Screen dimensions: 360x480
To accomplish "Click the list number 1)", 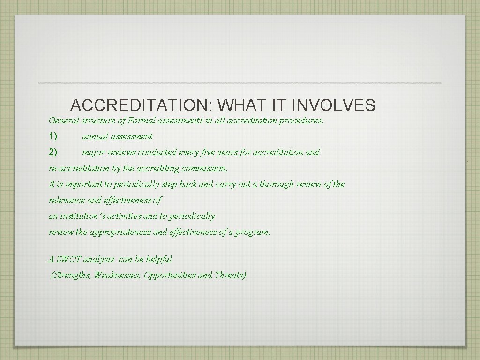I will coord(53,136).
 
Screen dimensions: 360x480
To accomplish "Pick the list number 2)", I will coord(53,152).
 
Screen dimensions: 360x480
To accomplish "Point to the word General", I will coord(64,120).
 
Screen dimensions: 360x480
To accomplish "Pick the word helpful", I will coord(159,259).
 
